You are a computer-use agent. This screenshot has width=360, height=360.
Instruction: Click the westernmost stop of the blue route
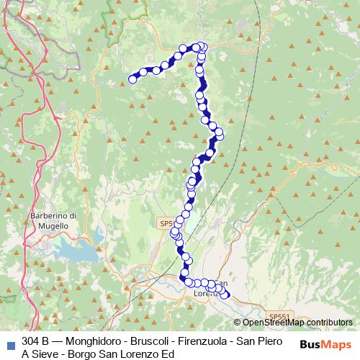[x=132, y=79]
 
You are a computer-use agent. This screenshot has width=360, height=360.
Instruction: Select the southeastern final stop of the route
[x=225, y=294]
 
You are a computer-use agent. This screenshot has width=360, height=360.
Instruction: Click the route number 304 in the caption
[x=31, y=341]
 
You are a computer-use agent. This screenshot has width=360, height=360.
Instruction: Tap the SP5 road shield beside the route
[x=166, y=224]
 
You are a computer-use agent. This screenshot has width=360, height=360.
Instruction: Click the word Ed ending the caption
[x=167, y=354]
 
